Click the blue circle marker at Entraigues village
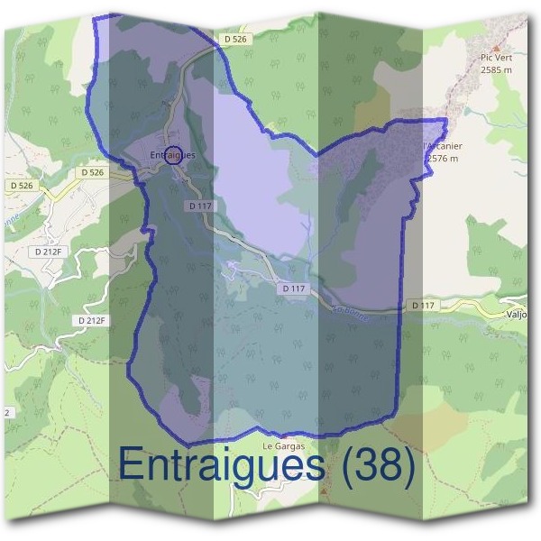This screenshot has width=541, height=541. pos(175,154)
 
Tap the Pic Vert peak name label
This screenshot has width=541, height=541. pos(495,57)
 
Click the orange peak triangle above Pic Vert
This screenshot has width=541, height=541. pos(495,44)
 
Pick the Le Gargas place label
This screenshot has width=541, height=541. pos(284,446)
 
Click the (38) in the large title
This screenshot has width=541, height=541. pos(372,466)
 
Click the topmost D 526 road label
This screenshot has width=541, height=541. pos(236,40)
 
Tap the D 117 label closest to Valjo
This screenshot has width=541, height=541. pos(423,306)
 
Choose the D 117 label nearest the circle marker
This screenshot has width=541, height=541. pos(200,206)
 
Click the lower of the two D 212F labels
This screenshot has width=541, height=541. pos(91,320)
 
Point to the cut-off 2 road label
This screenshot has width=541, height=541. pos(6,412)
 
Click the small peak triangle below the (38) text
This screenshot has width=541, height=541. pos(324,494)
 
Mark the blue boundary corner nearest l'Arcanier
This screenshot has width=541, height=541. pos(445,120)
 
